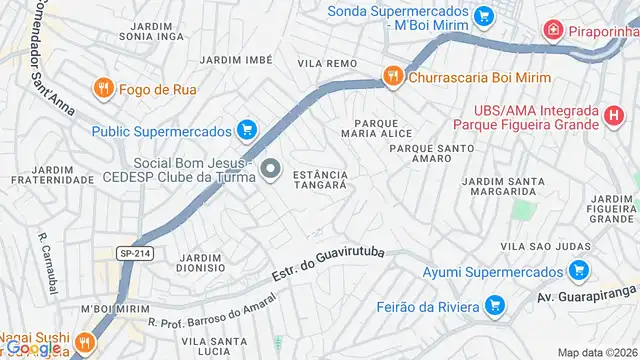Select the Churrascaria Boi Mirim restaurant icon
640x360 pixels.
(x=394, y=75)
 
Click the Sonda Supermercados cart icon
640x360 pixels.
(x=484, y=15)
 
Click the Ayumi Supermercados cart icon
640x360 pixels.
(x=577, y=271)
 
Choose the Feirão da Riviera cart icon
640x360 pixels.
(x=493, y=306)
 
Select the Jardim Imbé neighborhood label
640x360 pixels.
(x=235, y=60)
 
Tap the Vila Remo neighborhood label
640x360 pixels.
(x=327, y=63)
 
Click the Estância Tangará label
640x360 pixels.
(x=320, y=180)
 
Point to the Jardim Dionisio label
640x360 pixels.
(x=200, y=262)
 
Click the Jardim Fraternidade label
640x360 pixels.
(x=39, y=175)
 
